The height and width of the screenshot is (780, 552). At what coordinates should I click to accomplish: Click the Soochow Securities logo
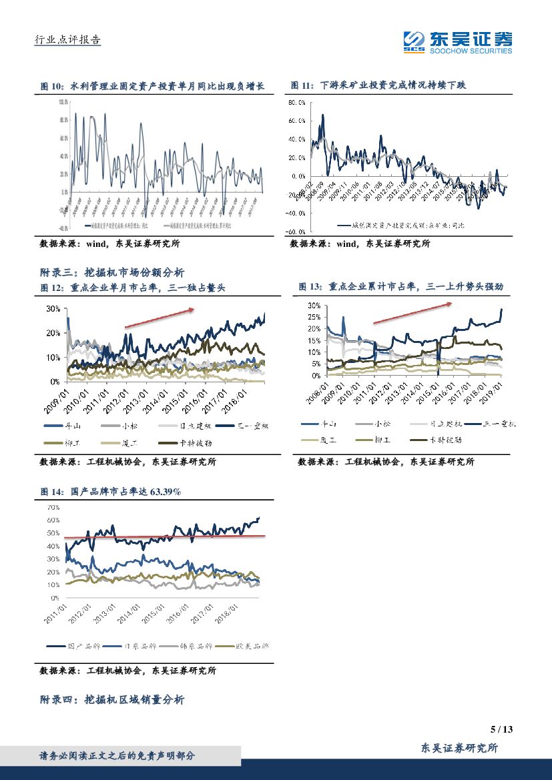tap(458, 43)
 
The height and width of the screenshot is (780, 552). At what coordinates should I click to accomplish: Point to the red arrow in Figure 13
tap(409, 312)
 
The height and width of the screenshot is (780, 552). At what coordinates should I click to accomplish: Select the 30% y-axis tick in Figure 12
tap(53, 309)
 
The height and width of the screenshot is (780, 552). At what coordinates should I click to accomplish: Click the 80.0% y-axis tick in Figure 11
tap(296, 103)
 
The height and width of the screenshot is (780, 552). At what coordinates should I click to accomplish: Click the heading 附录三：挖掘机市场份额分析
tap(112, 272)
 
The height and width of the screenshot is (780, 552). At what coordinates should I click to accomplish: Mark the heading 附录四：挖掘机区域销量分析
tap(112, 699)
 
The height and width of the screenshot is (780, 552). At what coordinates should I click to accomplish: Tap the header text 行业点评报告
tap(67, 40)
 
